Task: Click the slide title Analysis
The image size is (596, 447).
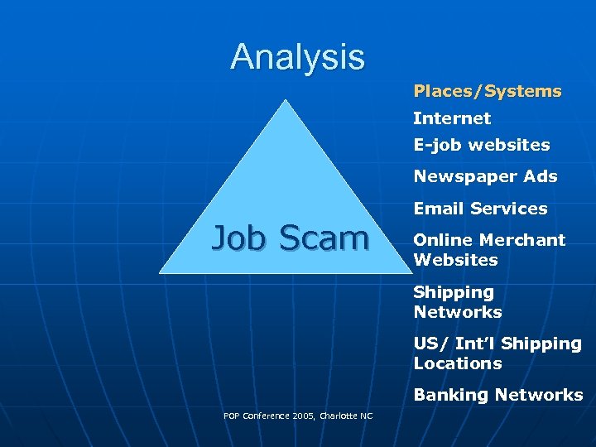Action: coord(297,57)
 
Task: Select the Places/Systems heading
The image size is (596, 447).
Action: coord(488,91)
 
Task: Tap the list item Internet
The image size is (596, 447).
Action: coord(452,118)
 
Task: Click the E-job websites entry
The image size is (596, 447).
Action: coord(482,145)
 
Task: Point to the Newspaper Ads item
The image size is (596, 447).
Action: coord(485,176)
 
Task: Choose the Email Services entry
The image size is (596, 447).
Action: coord(480,209)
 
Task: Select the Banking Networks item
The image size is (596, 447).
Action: coord(497,395)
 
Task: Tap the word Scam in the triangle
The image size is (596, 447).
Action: coord(324,238)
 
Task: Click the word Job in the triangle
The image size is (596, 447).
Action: coord(241,238)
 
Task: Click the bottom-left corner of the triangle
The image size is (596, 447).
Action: coord(160,272)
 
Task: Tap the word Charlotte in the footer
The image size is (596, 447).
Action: coord(337,416)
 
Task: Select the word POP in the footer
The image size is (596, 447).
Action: coord(231,416)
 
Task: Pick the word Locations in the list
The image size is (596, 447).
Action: coord(457,363)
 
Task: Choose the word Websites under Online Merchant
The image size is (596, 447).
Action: coord(455,260)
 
